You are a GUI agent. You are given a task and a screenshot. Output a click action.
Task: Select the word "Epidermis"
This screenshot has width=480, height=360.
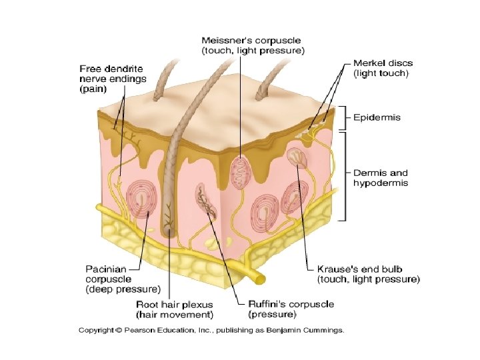[x=377, y=117]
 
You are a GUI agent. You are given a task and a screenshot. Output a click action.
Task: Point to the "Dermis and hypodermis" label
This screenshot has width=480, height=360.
[x=380, y=177]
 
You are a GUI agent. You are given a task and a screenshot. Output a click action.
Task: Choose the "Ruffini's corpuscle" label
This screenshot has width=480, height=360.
[x=291, y=304]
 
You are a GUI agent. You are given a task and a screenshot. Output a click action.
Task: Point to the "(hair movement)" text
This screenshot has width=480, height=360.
[x=175, y=313]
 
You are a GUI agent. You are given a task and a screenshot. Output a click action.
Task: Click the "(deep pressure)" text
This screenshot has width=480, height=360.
[x=123, y=289]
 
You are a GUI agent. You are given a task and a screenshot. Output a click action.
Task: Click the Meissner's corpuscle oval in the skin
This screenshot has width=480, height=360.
[x=240, y=171]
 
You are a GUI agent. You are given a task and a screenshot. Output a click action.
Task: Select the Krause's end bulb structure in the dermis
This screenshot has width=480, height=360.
[x=296, y=157]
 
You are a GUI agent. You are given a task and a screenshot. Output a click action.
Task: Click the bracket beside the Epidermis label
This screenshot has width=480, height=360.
[x=345, y=118]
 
